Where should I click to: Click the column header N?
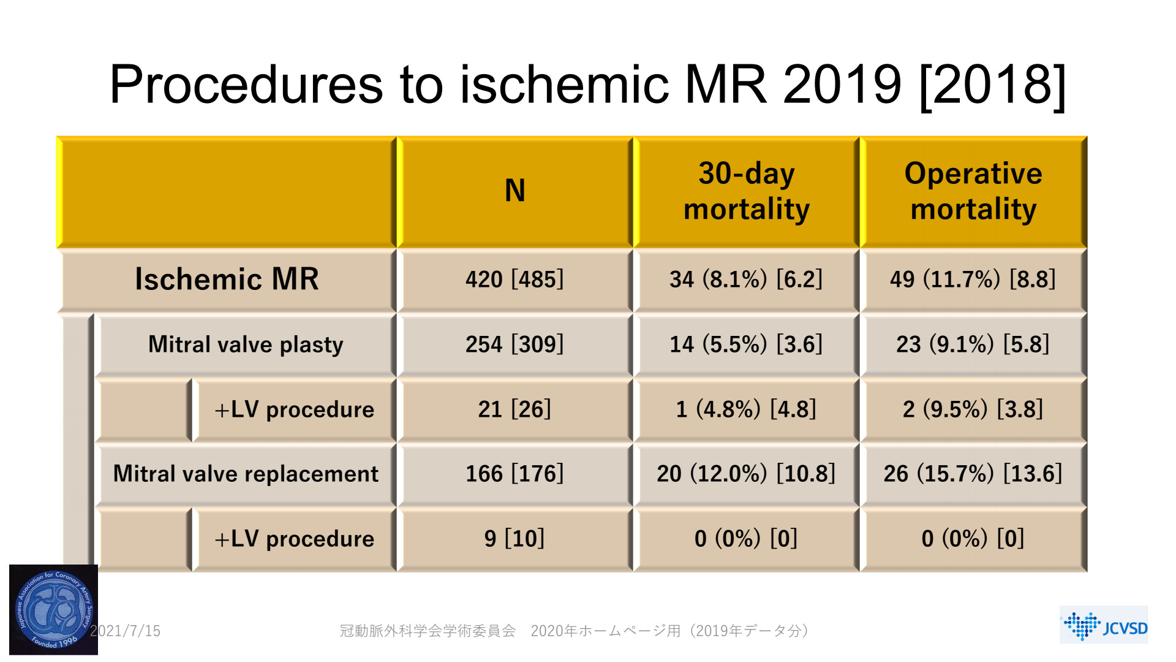[x=514, y=191]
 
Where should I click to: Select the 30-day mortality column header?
[x=746, y=191]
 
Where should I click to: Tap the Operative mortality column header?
[x=973, y=191]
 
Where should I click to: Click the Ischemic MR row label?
[x=227, y=280]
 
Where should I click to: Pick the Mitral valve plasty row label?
[x=246, y=344]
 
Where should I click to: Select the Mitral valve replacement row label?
[x=246, y=474]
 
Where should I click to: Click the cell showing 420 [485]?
[x=514, y=280]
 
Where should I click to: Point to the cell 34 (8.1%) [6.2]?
[x=746, y=280]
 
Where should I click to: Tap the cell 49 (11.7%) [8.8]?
[x=973, y=280]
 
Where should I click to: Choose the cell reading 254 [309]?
[x=514, y=344]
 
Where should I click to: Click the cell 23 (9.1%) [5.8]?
[x=973, y=344]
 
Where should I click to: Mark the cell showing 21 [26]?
[x=514, y=409]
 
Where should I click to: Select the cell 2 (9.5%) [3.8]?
[x=973, y=409]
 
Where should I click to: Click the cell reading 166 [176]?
[x=514, y=474]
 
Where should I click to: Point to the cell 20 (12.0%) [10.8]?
[x=746, y=474]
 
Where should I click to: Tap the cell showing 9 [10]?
[x=514, y=539]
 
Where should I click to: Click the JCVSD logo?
[x=1104, y=625]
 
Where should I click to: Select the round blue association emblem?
[x=53, y=609]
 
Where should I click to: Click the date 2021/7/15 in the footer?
[x=126, y=631]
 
